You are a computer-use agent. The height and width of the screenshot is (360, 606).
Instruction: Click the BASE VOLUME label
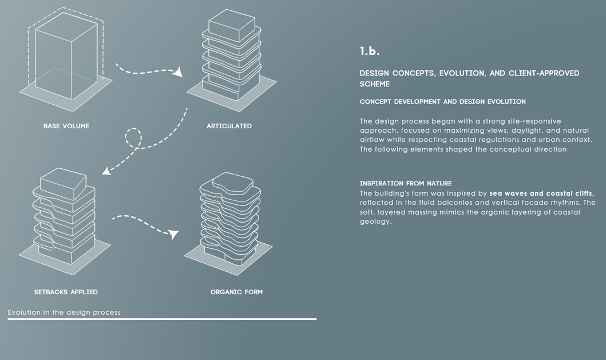(x=66, y=126)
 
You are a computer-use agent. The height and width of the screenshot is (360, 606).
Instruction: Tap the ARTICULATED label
(x=229, y=126)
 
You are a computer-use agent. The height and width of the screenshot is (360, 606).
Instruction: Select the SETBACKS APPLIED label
(x=66, y=292)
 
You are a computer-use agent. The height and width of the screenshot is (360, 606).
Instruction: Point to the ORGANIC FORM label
(x=236, y=292)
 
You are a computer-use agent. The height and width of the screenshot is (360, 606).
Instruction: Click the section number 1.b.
(x=370, y=52)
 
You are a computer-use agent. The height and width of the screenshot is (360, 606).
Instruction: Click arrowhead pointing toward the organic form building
(x=173, y=234)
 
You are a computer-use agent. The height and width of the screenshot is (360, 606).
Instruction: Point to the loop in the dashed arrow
(x=133, y=138)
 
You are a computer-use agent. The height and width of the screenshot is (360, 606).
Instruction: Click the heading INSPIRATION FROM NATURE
(x=406, y=183)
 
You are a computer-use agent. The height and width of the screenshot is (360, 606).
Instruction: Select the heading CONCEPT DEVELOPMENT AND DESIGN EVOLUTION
(x=442, y=102)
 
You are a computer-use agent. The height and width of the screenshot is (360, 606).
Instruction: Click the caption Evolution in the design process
(x=64, y=312)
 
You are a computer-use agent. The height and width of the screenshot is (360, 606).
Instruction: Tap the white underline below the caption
(x=162, y=319)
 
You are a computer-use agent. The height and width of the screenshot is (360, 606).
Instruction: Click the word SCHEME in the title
(x=375, y=84)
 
